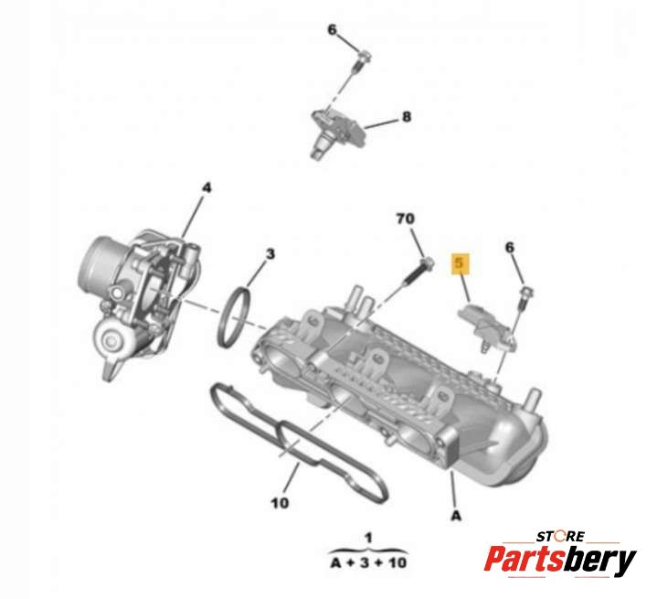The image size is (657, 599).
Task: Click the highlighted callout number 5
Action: pyautogui.click(x=460, y=263)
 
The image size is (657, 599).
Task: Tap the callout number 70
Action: pyautogui.click(x=405, y=219)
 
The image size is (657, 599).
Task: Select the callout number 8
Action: pyautogui.click(x=407, y=117)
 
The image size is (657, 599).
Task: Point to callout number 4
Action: pyautogui.click(x=207, y=187)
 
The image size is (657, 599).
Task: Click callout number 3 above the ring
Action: pyautogui.click(x=270, y=254)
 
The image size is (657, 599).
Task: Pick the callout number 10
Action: pyautogui.click(x=280, y=503)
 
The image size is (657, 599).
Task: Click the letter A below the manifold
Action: pyautogui.click(x=456, y=515)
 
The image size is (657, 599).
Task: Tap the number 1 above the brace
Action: pyautogui.click(x=368, y=538)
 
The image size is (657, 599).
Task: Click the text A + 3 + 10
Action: pyautogui.click(x=369, y=562)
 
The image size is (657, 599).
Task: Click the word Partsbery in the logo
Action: pyautogui.click(x=560, y=560)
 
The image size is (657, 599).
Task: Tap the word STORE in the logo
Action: pyautogui.click(x=560, y=536)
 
